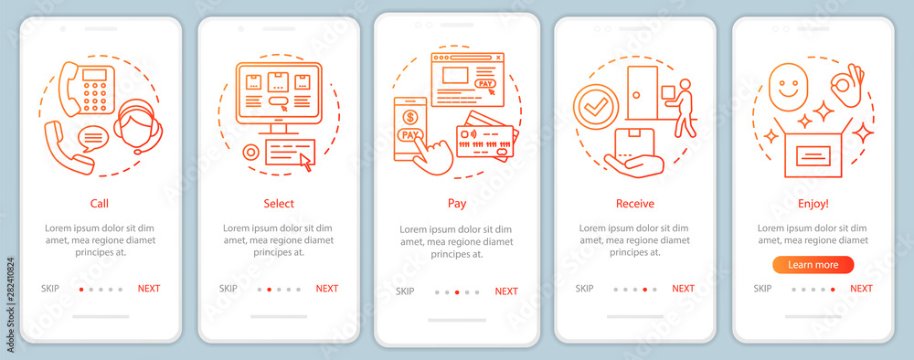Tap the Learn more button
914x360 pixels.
pos(813,265)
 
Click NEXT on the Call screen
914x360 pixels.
pos(149,289)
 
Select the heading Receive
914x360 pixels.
pos(635,204)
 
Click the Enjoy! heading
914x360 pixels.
pos(813,204)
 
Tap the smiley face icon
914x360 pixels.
pos(788,87)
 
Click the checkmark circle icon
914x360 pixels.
pos(595,107)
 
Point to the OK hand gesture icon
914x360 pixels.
pos(847,86)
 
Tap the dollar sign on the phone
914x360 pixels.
pos(410,117)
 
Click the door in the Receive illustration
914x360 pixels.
pos(643,92)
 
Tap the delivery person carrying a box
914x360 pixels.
pos(680,108)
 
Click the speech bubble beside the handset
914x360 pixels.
pos(92,139)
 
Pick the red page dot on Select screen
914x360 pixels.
pos(269,289)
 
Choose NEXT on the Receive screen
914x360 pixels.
pos(683,289)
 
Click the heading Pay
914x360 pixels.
pos(457,204)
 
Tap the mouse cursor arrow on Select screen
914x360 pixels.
pos(305,163)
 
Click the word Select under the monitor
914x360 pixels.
pos(279,204)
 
